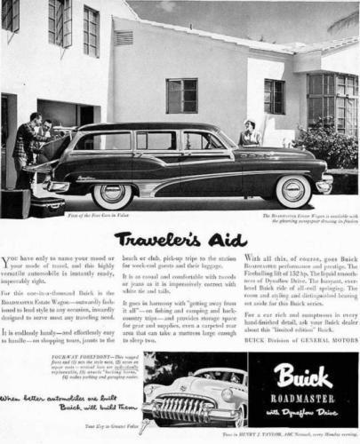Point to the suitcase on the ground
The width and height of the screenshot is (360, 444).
tap(45, 207)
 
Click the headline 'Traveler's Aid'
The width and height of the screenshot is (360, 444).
tap(180, 239)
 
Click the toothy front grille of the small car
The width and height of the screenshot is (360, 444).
tap(182, 409)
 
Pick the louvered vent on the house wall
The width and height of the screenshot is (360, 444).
tap(124, 38)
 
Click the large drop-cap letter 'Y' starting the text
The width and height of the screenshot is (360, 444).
tap(6, 262)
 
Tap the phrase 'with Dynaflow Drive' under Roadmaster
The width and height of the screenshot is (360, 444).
tap(304, 411)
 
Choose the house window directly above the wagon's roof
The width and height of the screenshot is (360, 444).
tap(180, 95)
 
